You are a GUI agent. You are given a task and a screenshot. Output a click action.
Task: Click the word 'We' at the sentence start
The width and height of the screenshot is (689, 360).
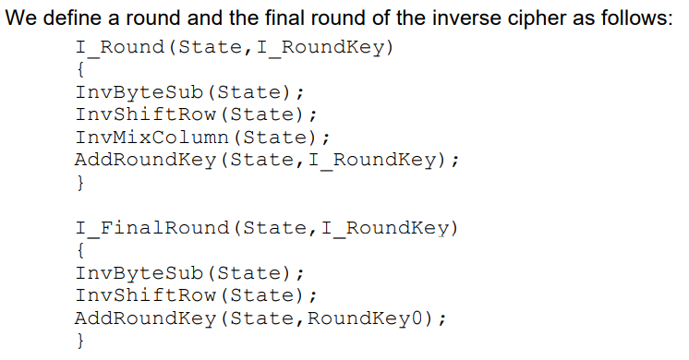point(22,18)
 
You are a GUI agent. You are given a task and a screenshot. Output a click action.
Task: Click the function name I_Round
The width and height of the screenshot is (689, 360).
point(120,47)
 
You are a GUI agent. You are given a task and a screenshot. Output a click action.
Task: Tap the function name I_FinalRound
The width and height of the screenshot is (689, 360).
point(152,228)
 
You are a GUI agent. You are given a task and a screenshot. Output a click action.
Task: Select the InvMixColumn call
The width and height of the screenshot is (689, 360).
point(152,138)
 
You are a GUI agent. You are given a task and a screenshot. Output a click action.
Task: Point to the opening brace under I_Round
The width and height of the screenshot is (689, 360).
point(80,70)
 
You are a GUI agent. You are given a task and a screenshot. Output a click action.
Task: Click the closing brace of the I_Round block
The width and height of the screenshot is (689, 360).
point(80,183)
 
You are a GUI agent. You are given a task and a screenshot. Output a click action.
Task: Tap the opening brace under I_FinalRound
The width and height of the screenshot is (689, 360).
point(80,251)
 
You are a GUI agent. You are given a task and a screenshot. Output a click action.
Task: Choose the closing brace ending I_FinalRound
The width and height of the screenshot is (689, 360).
point(80,341)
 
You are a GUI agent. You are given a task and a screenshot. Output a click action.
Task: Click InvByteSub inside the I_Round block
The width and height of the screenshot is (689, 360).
point(139,92)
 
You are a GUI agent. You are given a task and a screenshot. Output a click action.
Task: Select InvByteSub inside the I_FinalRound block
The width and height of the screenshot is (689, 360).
point(139,273)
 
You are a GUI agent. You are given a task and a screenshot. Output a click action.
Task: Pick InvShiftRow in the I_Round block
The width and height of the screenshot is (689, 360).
point(146,114)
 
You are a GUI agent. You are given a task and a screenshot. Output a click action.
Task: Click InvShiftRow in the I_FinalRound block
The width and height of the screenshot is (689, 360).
point(146,295)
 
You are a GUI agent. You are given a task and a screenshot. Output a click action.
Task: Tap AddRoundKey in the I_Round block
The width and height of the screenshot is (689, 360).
point(146,160)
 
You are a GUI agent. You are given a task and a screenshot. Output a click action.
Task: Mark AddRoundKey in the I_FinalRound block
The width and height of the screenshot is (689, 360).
point(146,318)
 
